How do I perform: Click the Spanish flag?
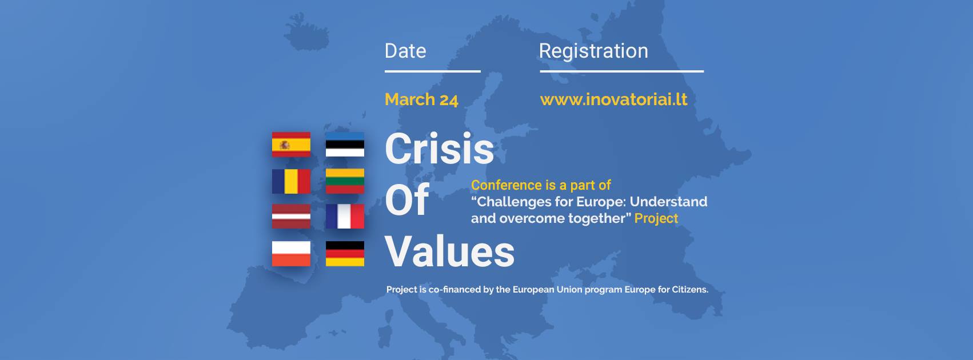[x=291, y=144]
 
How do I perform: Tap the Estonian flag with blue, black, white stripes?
[x=345, y=144]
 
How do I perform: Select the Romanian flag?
[x=291, y=181]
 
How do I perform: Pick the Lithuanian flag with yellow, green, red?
[x=345, y=181]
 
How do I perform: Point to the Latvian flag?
[x=291, y=216]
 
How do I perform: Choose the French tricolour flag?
[x=345, y=216]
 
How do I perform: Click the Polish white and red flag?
[x=291, y=254]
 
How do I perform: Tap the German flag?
[x=345, y=254]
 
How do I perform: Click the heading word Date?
[x=405, y=51]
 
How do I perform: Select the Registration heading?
[x=593, y=51]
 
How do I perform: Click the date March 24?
[x=421, y=99]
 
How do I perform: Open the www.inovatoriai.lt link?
[x=613, y=99]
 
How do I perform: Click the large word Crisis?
[x=439, y=149]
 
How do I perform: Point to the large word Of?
[x=407, y=200]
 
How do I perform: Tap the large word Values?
[x=449, y=251]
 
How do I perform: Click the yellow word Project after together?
[x=656, y=218]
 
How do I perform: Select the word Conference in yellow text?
[x=500, y=185]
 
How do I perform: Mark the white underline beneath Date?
[x=433, y=71]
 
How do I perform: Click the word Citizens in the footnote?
[x=690, y=290]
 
